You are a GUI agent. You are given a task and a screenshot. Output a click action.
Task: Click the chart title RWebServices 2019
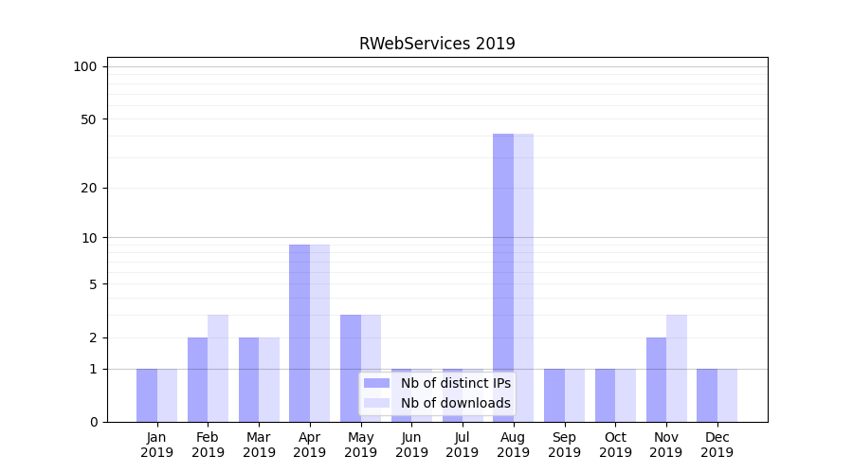[437, 44]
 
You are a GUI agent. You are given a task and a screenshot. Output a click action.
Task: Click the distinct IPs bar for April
[299, 333]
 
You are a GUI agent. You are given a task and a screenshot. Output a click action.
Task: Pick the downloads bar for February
[218, 368]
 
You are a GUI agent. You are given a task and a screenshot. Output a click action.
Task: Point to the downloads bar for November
[676, 368]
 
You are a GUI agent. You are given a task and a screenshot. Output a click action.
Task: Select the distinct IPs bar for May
[351, 368]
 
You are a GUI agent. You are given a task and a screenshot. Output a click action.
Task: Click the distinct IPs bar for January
[147, 395]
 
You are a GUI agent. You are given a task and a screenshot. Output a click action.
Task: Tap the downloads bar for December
[727, 395]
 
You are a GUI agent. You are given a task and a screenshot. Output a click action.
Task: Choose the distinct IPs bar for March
[248, 379]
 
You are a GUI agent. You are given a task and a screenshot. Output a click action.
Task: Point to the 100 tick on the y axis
[85, 66]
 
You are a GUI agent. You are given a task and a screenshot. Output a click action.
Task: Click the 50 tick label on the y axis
[89, 119]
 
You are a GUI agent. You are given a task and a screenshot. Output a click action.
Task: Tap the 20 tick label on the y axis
[89, 188]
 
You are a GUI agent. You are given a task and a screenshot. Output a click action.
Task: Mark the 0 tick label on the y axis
[93, 422]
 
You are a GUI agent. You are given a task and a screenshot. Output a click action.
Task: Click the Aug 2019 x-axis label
[513, 445]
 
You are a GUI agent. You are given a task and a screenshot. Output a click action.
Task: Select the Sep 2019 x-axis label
[564, 445]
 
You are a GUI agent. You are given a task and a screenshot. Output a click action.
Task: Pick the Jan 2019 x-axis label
[157, 445]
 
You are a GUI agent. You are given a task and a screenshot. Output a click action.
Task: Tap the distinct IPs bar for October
[605, 395]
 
